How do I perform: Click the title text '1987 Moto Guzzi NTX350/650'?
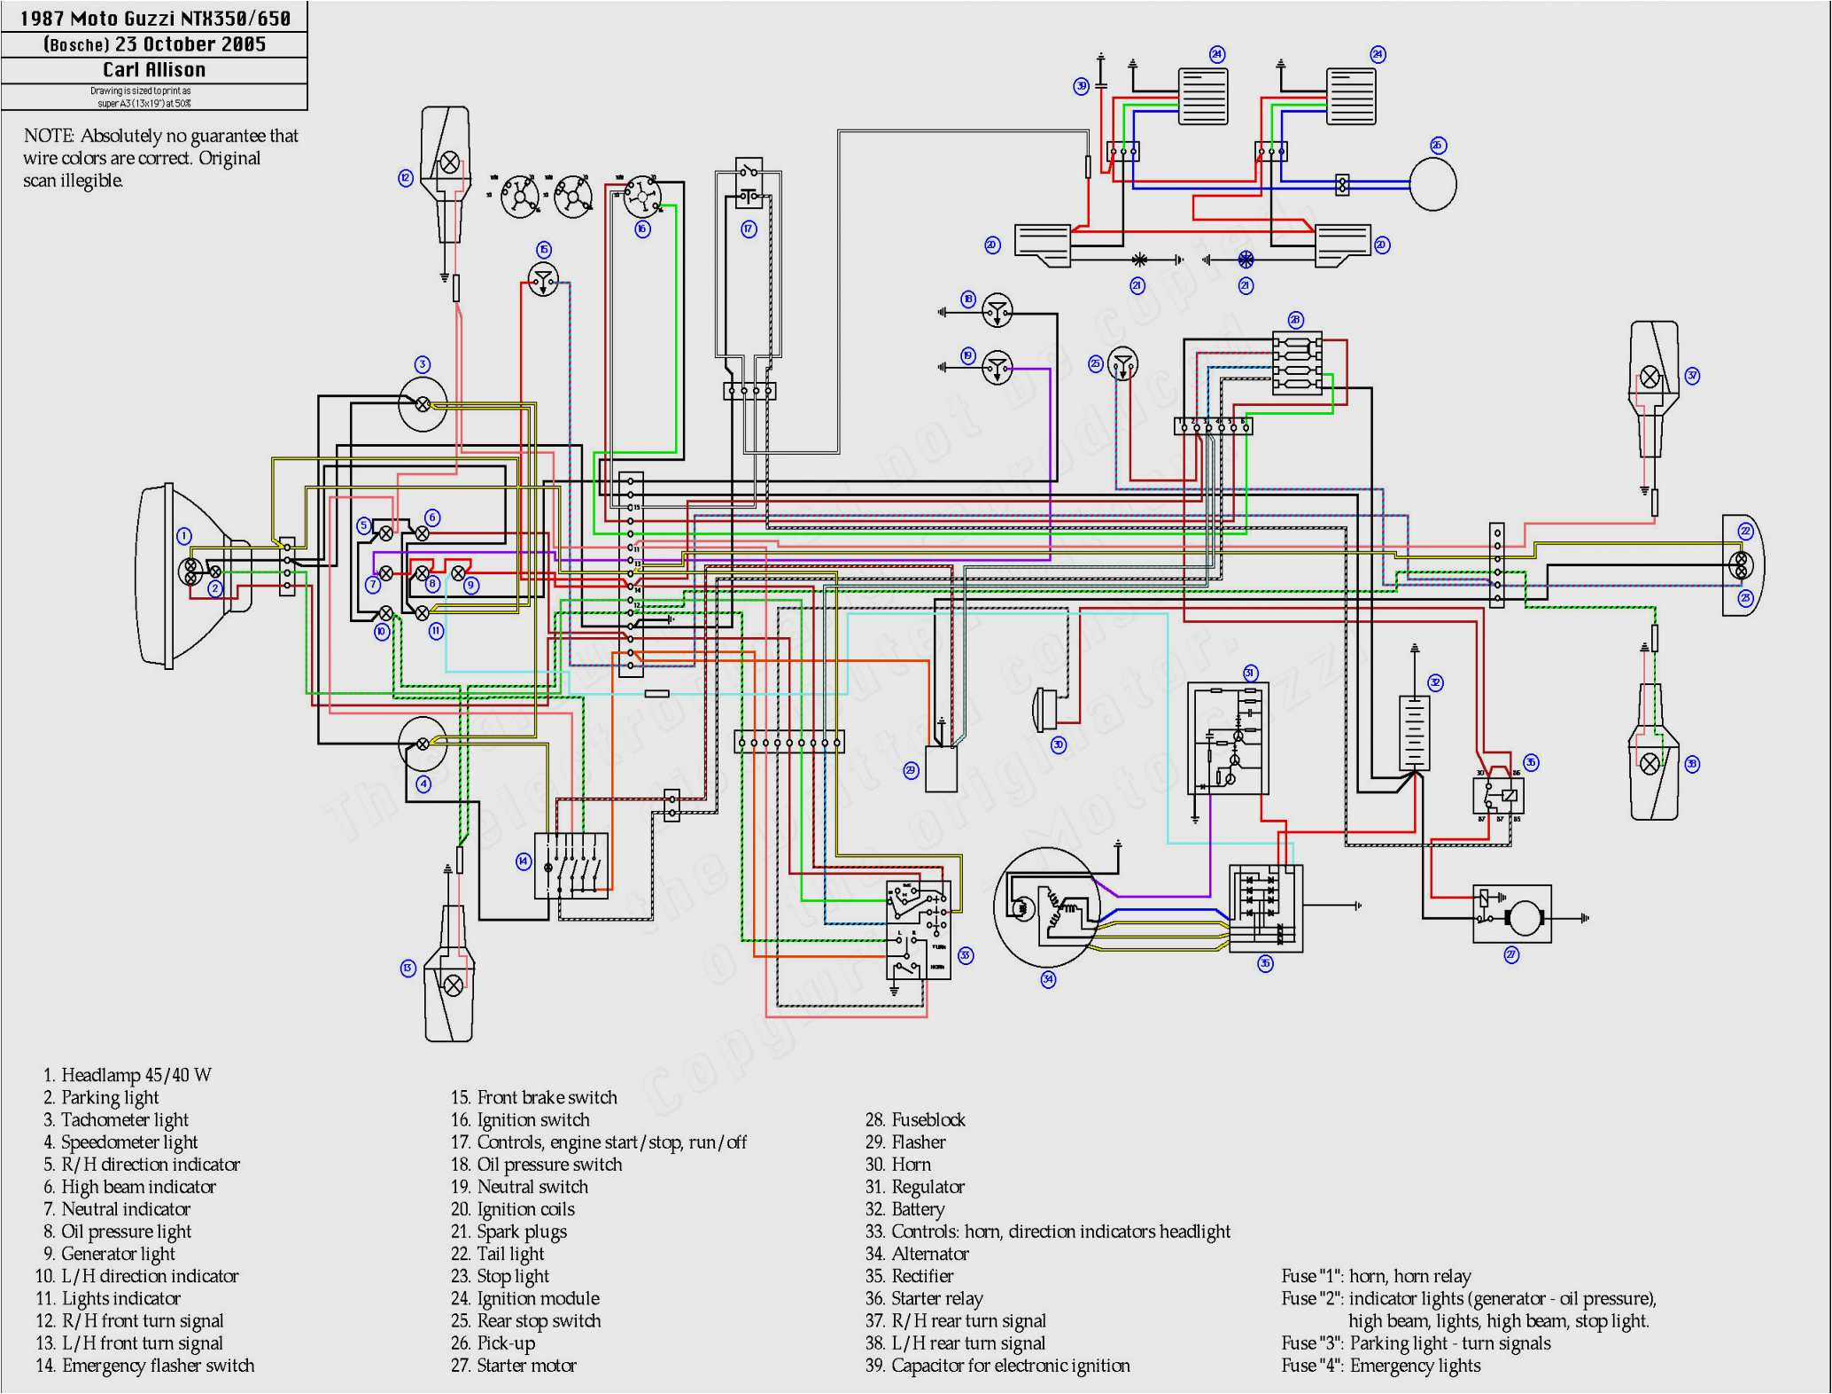(x=155, y=18)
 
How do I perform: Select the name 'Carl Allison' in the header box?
(x=154, y=70)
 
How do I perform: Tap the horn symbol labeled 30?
(x=1043, y=709)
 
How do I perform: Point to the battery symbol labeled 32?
(x=1414, y=732)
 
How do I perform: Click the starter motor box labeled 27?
(x=1511, y=914)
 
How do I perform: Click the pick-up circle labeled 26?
(x=1432, y=184)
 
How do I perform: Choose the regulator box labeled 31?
(x=1228, y=738)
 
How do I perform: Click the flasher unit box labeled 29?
(x=941, y=769)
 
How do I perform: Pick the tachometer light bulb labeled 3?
(x=423, y=404)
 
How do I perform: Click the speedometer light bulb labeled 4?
(x=423, y=744)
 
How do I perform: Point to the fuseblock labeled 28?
(x=1297, y=363)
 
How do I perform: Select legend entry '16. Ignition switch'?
(x=520, y=1120)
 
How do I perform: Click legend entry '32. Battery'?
(x=904, y=1210)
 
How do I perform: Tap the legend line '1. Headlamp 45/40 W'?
(x=128, y=1075)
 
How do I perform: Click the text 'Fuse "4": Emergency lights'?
(x=1380, y=1366)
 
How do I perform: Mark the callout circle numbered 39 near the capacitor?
(x=1081, y=86)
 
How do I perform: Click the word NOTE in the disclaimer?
(x=49, y=136)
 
